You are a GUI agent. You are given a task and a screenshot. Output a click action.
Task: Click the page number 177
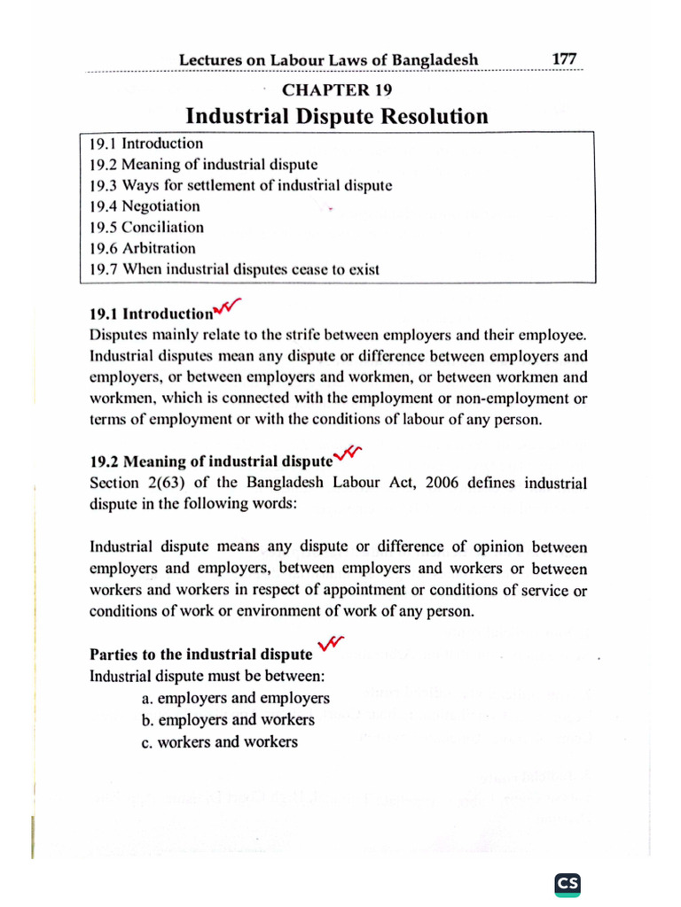point(564,58)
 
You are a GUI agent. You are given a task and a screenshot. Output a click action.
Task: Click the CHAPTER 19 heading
point(336,89)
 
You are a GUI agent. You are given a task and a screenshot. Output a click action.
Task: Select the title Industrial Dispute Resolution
point(336,116)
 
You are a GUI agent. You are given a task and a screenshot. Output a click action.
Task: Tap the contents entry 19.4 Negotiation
point(145,206)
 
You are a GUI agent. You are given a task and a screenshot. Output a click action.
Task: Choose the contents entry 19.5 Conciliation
point(146,228)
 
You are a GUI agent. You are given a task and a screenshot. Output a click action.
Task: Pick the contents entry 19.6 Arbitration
point(142,249)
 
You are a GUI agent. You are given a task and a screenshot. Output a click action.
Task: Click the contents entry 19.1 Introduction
point(146,143)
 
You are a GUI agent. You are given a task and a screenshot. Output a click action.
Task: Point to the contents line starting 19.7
point(234,270)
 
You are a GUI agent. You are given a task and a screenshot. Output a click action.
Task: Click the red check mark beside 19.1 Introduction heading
point(227,308)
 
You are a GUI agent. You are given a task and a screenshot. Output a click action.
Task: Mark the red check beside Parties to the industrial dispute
point(330,647)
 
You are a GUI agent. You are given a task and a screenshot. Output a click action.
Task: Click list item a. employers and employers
point(235,698)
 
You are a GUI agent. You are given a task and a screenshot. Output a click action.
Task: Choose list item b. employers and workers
point(228,720)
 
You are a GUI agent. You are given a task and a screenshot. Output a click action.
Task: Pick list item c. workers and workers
point(220,742)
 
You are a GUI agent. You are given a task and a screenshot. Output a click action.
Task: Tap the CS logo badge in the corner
point(567,883)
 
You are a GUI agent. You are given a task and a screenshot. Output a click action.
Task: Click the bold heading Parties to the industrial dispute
point(201,655)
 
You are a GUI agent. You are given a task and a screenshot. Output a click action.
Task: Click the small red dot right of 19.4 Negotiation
point(331,210)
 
